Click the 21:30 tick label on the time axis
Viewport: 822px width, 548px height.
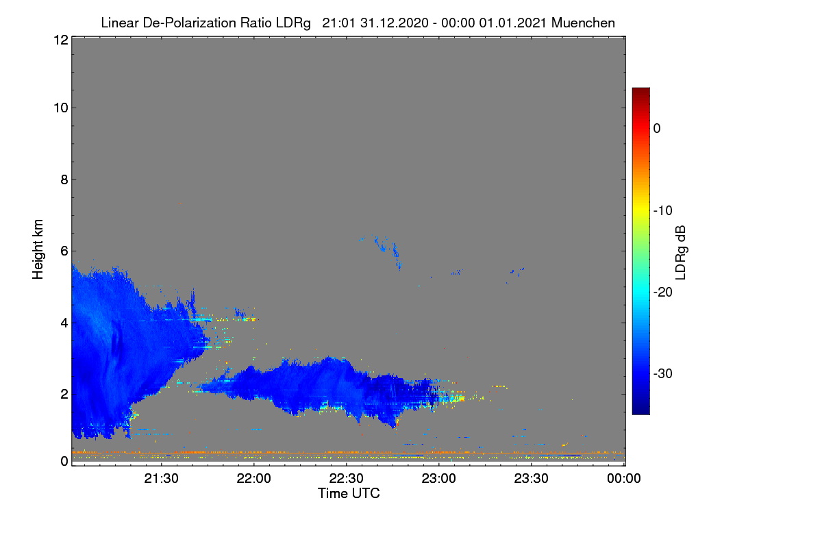[x=161, y=479]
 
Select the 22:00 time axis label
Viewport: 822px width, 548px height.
[x=253, y=479]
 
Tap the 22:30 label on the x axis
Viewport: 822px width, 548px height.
[x=346, y=479]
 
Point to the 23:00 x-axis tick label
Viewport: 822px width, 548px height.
[x=438, y=479]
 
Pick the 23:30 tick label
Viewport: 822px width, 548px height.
[x=531, y=479]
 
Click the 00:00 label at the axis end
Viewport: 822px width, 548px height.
[x=624, y=479]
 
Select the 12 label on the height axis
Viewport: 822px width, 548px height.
[x=61, y=40]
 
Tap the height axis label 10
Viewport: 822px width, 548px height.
[x=61, y=108]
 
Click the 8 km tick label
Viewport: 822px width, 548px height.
[x=64, y=180]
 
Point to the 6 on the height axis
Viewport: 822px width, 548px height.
[x=64, y=251]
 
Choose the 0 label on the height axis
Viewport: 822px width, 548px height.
[x=64, y=462]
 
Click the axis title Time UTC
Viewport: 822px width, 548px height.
[x=349, y=493]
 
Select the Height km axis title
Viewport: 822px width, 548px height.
[x=38, y=249]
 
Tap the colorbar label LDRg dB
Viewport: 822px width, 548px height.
[x=681, y=253]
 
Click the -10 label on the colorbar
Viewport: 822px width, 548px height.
[x=663, y=211]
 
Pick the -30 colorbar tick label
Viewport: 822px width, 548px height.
[x=663, y=373]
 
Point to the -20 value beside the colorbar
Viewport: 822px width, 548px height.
[x=663, y=292]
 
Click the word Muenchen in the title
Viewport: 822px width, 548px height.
[x=583, y=23]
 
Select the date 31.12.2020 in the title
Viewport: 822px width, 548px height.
[x=395, y=23]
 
